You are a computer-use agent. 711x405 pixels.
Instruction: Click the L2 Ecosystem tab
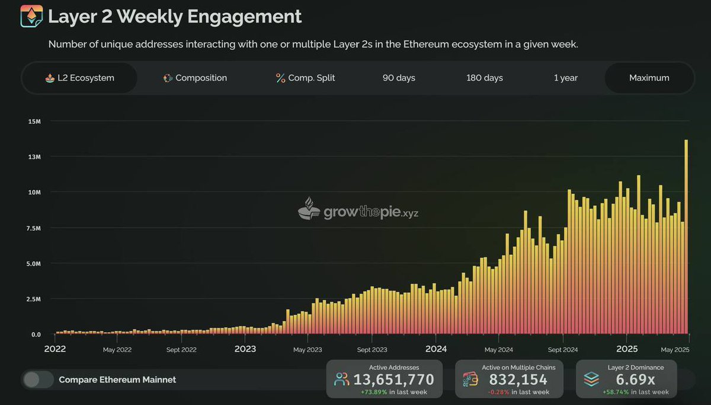point(79,78)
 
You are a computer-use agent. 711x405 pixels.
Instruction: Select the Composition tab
point(195,78)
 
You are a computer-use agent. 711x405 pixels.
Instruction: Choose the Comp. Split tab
point(305,78)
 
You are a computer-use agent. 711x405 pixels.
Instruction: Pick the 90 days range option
point(399,78)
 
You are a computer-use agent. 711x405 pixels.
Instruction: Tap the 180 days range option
point(485,78)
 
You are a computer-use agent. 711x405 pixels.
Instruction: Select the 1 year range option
point(566,78)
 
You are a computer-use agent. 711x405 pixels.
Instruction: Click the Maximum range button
point(649,78)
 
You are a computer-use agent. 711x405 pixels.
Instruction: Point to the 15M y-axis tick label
point(34,122)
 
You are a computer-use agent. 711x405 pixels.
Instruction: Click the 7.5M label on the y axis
point(34,228)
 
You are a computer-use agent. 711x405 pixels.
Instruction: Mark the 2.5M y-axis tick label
point(34,299)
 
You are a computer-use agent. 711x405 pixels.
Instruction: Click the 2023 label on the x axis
point(245,349)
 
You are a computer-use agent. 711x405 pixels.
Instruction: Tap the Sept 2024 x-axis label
point(563,350)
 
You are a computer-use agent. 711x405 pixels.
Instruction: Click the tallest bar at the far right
point(686,237)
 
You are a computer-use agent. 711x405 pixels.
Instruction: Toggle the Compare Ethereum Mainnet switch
point(39,380)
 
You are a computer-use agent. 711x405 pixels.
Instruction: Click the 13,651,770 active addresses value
point(393,380)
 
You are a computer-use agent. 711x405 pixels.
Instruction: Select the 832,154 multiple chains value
point(518,380)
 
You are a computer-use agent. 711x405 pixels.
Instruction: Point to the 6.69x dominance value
point(635,380)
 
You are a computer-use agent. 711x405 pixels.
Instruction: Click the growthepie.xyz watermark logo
point(358,209)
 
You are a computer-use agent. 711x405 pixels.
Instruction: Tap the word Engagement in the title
point(244,17)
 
